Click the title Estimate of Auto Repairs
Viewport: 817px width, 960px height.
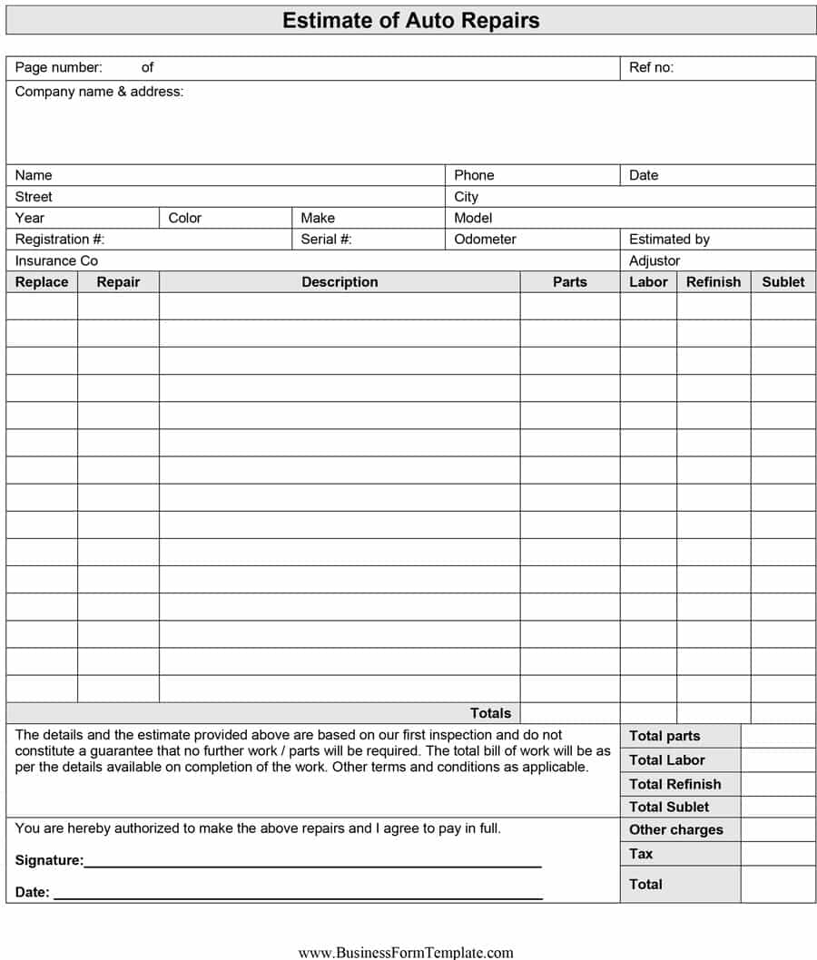(410, 20)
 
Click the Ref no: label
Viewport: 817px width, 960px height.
(651, 67)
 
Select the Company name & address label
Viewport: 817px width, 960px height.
(99, 92)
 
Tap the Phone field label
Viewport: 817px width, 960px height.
(474, 175)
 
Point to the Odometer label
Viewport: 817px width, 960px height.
(485, 240)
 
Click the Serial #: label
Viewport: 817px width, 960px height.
(326, 240)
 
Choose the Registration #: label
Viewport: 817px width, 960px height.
(60, 240)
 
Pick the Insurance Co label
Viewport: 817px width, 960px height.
(56, 260)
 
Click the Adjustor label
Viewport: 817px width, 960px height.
(655, 260)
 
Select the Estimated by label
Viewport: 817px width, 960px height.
(669, 240)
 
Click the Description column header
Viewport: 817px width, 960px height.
(340, 282)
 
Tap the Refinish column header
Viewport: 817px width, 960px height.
(713, 282)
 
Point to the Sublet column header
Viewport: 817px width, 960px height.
(783, 282)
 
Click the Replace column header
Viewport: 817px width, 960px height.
(42, 282)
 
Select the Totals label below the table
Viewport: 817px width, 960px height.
(490, 713)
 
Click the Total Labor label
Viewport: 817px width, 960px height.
(666, 760)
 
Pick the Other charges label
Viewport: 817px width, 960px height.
(675, 830)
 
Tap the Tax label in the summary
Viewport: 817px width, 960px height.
(641, 854)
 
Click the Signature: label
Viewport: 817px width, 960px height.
(49, 860)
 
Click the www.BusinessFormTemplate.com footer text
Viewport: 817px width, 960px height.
(406, 953)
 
